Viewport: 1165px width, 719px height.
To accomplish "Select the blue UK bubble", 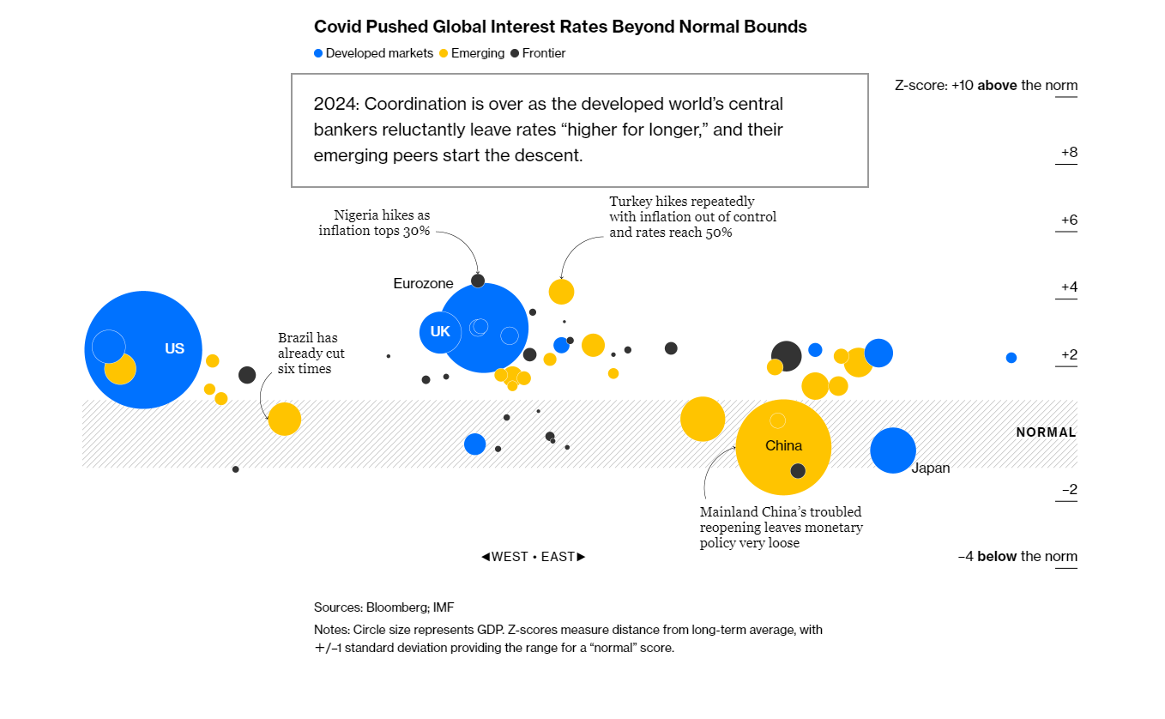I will [x=440, y=331].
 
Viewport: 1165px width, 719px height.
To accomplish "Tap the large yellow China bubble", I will [x=783, y=447].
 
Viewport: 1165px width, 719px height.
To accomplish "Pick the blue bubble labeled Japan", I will [x=893, y=450].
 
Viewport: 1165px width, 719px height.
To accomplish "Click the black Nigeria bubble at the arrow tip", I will [x=478, y=281].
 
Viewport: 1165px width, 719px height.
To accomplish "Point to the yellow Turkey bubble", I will [x=561, y=292].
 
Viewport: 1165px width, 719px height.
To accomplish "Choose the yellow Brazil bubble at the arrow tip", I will [x=285, y=420].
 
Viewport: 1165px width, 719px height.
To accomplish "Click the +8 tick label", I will [x=1069, y=153].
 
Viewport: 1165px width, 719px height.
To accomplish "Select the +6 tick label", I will [x=1069, y=220].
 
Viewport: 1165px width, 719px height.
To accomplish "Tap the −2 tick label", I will [x=1069, y=489].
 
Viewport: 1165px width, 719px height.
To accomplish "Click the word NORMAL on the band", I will [x=1046, y=432].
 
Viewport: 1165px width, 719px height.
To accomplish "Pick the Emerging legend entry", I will [x=471, y=53].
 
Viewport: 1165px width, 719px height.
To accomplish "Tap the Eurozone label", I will [x=423, y=283].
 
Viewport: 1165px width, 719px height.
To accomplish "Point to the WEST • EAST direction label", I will [x=534, y=557].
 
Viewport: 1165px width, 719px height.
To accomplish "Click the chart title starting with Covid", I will [x=560, y=27].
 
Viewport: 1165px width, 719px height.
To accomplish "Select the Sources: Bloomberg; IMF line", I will [x=383, y=607].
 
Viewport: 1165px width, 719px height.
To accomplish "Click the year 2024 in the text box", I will [x=333, y=105].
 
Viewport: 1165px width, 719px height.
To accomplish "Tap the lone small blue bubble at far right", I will [x=1011, y=358].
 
